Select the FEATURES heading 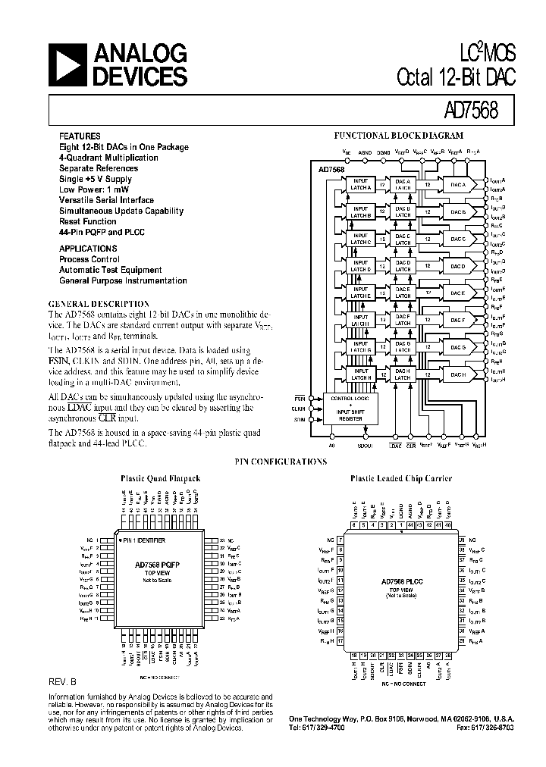click(78, 136)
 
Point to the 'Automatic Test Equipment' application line click(110, 269)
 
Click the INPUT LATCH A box click(360, 185)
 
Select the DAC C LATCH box click(403, 239)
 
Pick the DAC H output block click(457, 374)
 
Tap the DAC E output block click(457, 293)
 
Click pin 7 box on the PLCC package click(340, 539)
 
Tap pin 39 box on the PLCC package click(461, 539)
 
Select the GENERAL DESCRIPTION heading click(98, 303)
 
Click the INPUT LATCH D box click(360, 266)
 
